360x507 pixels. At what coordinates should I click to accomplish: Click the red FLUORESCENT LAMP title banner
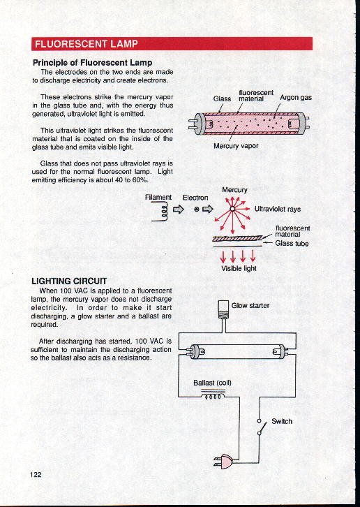(172, 44)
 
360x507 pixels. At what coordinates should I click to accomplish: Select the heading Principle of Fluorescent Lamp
(92, 62)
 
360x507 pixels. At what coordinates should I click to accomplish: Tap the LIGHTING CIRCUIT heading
(69, 281)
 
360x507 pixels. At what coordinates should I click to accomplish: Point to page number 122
(36, 474)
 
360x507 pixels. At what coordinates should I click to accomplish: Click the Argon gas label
(296, 97)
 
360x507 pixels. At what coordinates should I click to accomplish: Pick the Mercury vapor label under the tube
(236, 146)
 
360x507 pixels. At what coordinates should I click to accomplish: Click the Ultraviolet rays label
(277, 209)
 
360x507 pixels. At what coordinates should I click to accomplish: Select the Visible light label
(239, 268)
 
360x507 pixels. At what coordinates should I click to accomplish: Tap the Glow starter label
(250, 305)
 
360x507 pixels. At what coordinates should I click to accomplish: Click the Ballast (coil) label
(212, 383)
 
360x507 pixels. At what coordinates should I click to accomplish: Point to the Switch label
(281, 421)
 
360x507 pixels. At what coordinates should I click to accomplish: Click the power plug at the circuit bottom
(223, 462)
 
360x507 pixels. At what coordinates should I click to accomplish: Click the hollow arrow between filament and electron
(179, 210)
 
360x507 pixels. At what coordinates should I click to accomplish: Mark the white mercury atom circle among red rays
(232, 209)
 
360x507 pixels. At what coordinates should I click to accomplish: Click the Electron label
(195, 198)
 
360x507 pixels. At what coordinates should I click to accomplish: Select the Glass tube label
(292, 243)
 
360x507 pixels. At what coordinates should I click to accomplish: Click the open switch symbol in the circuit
(261, 427)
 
